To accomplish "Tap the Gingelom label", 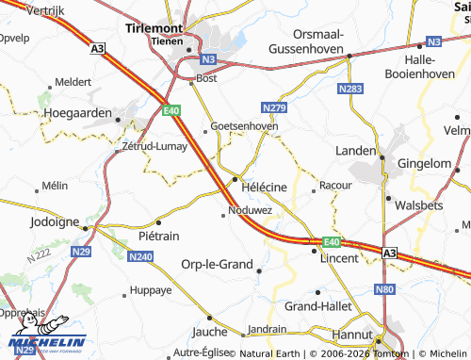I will pyautogui.click(x=424, y=163).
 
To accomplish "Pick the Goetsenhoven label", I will pyautogui.click(x=244, y=125).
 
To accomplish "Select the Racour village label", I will pyautogui.click(x=335, y=187).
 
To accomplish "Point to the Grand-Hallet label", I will pyautogui.click(x=317, y=306).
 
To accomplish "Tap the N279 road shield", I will pyautogui.click(x=275, y=107).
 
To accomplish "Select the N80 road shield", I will pyautogui.click(x=382, y=289).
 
